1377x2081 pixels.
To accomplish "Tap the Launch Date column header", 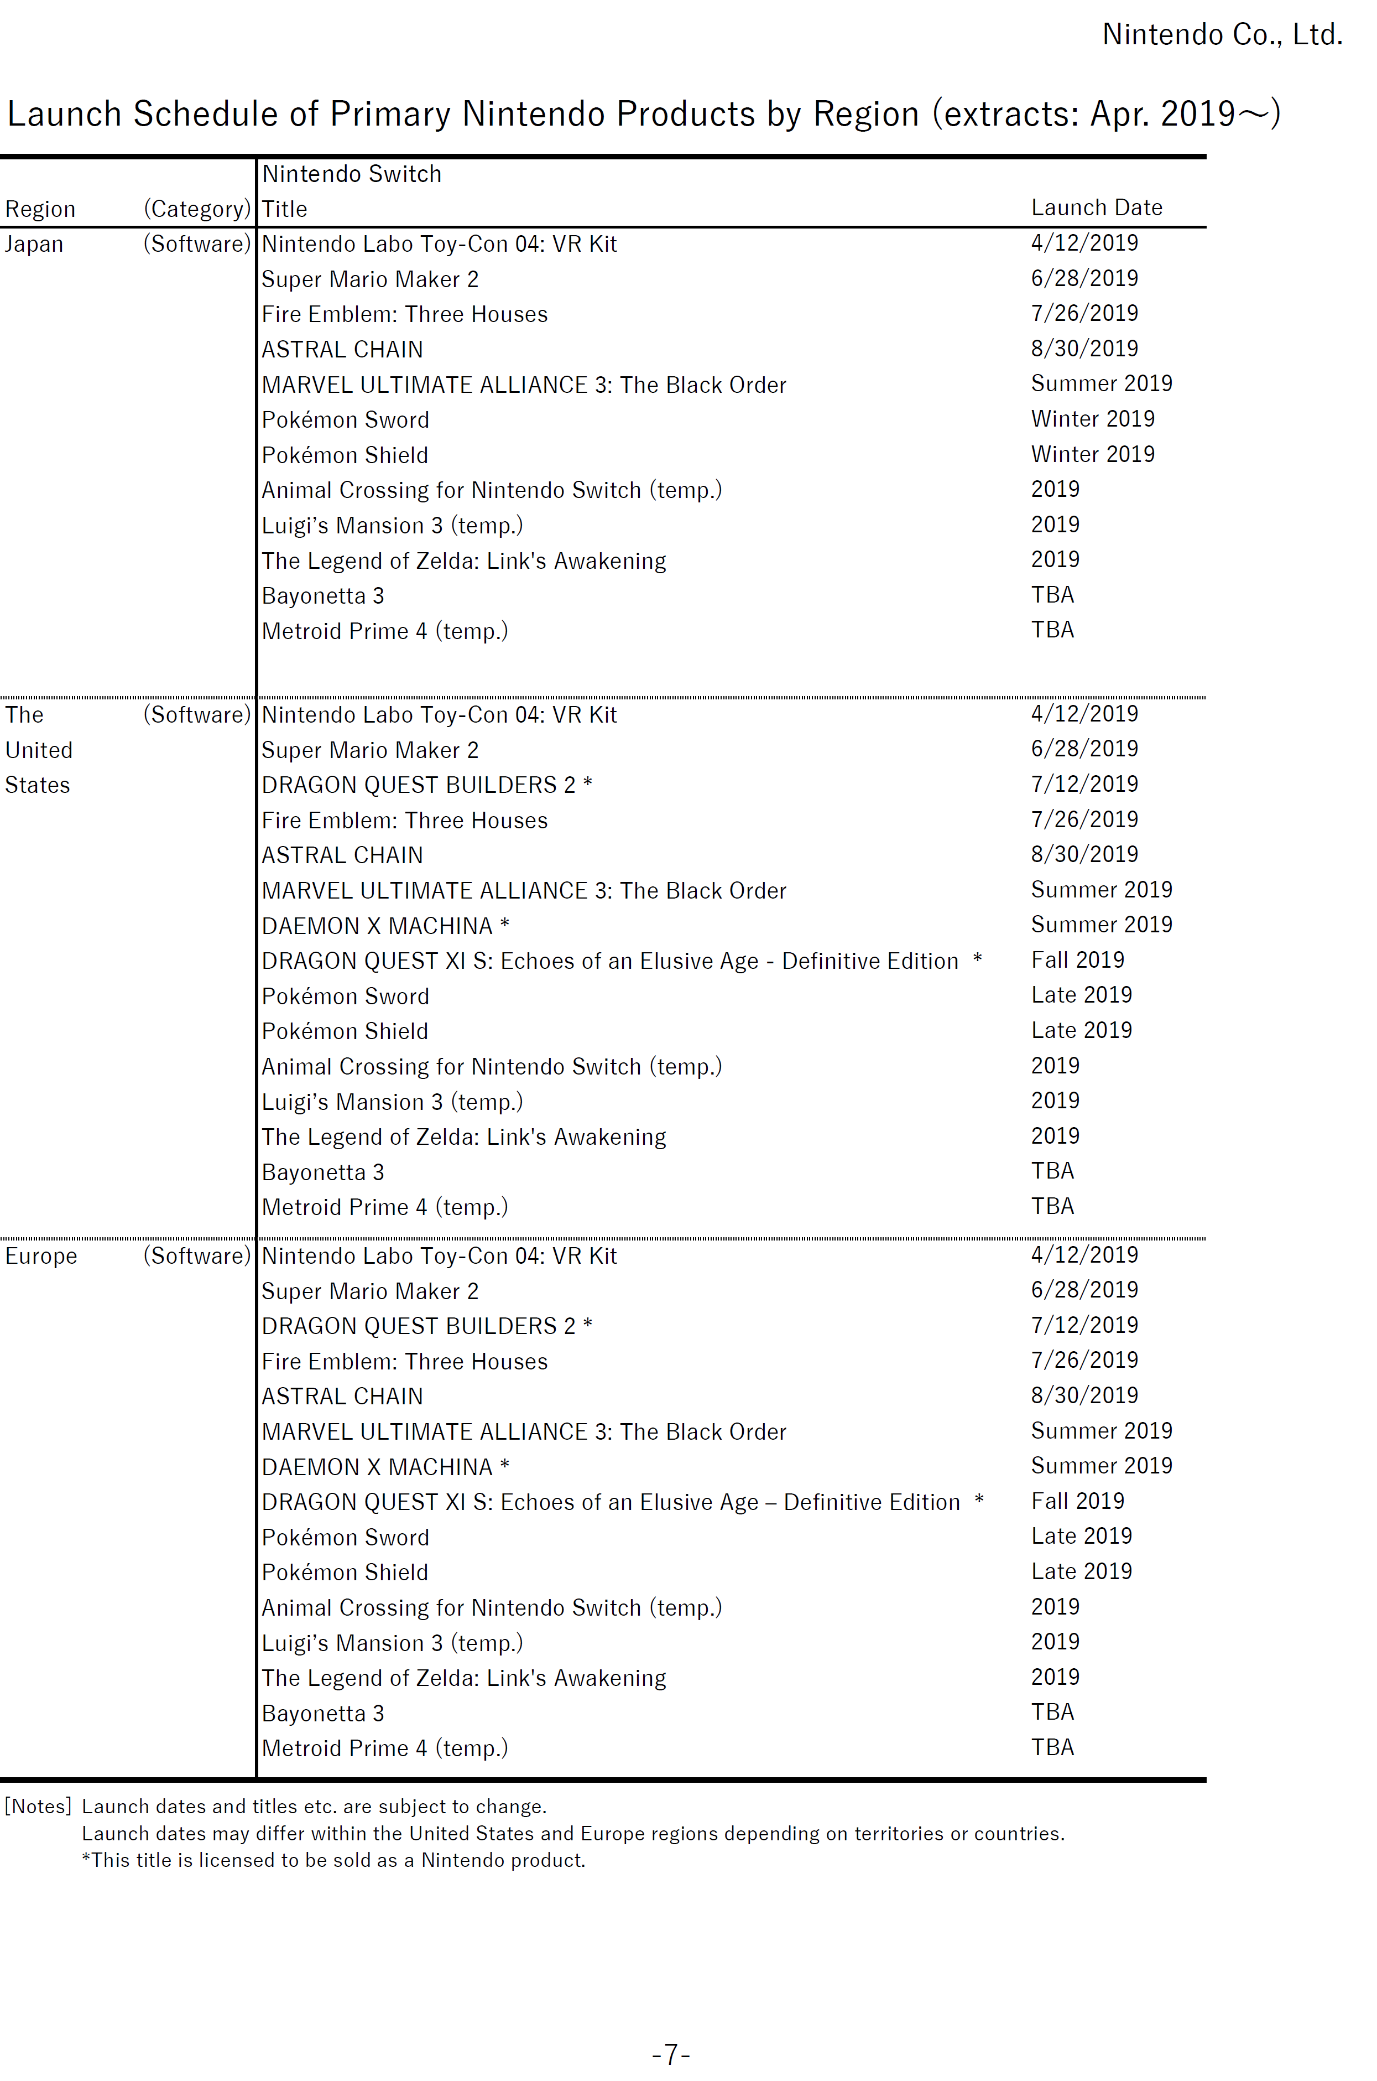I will (x=1096, y=208).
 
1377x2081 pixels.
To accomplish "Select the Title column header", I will (x=285, y=209).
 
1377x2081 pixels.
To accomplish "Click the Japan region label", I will (x=34, y=244).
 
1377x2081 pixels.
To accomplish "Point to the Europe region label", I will (x=41, y=1256).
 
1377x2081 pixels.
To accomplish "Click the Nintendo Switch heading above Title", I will (x=351, y=174).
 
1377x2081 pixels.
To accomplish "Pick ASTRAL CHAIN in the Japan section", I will (x=342, y=350).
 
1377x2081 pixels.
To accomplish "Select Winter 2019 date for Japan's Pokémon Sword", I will (x=1092, y=419).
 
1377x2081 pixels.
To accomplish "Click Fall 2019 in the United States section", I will (x=1077, y=960).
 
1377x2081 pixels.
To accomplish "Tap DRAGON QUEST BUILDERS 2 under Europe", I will (x=427, y=1326).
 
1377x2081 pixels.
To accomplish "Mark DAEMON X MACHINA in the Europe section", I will (x=385, y=1467).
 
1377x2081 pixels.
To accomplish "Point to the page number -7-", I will (x=671, y=2054).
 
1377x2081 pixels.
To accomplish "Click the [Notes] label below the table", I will (x=38, y=1806).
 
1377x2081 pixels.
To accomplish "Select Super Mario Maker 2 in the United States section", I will (x=370, y=750).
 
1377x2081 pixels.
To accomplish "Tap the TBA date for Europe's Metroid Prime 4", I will (x=1052, y=1747).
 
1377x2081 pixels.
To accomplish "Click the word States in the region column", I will (x=38, y=785).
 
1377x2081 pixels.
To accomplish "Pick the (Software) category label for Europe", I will (x=197, y=1256).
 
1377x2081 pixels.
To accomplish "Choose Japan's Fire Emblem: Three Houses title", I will (x=404, y=314).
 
